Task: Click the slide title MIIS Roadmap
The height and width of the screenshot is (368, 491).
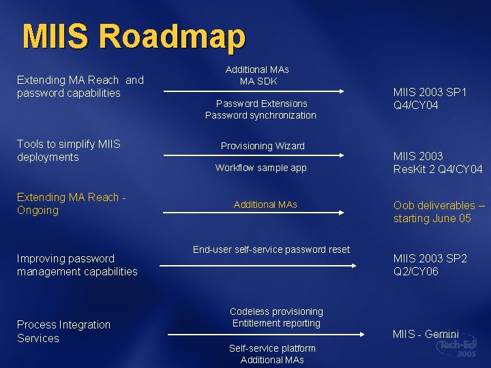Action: coord(133,37)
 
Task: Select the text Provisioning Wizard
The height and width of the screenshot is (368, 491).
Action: coord(263,146)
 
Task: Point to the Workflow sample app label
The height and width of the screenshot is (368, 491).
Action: coord(261,168)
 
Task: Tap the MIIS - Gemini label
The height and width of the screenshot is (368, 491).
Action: coord(426,334)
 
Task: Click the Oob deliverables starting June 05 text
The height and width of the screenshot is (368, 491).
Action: coord(439,212)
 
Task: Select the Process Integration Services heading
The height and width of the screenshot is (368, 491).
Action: coord(63,331)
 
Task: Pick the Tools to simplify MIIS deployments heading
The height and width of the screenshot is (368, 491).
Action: coord(68,151)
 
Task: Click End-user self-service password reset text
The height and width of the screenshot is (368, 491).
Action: coord(271,249)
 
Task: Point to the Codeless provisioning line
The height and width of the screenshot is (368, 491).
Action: coord(276,311)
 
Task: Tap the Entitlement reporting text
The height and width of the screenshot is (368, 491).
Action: coord(276,323)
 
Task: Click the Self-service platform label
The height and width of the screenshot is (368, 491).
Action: coord(272,348)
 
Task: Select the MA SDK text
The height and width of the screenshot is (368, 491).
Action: coord(257,81)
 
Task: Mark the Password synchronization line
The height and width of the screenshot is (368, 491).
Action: coord(261,115)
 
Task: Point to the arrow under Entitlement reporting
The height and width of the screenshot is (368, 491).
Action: coord(266,335)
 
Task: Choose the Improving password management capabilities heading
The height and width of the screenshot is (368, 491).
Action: coord(77,265)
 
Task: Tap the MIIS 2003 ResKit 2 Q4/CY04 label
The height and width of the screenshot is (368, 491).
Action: coord(438,163)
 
